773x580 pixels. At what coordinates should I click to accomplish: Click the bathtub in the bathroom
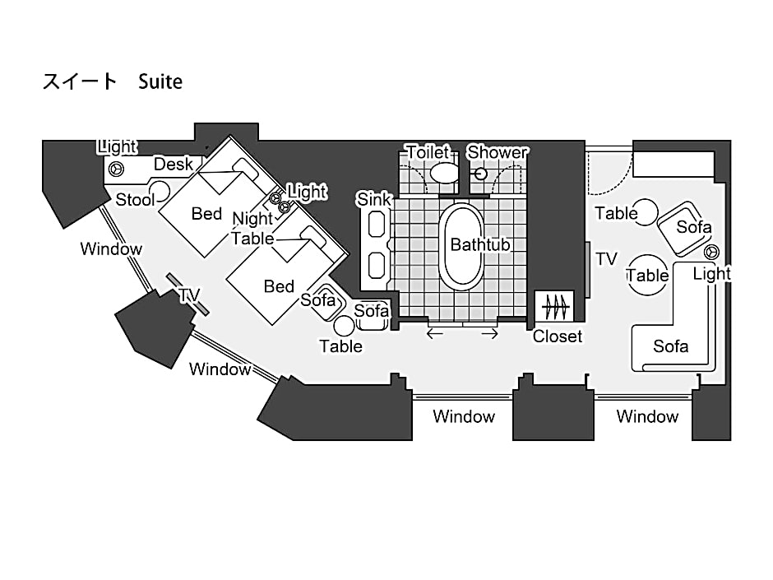[x=462, y=247]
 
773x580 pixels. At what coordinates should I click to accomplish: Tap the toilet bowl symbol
[x=444, y=174]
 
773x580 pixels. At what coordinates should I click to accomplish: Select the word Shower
[x=498, y=152]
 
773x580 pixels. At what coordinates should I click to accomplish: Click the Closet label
[x=558, y=336]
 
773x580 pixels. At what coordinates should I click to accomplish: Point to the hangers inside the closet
[x=555, y=307]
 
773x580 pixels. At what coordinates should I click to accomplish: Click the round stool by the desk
[x=160, y=192]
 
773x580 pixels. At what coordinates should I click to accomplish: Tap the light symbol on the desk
[x=116, y=169]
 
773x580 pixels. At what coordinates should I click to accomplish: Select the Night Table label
[x=253, y=229]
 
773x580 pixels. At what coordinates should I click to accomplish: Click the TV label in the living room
[x=606, y=259]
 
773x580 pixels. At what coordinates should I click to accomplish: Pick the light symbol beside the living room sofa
[x=711, y=252]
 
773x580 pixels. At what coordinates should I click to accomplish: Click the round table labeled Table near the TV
[x=647, y=275]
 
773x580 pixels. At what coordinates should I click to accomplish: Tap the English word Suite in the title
[x=160, y=81]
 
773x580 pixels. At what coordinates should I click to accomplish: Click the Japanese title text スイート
[x=80, y=81]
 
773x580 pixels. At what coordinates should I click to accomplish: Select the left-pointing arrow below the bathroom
[x=434, y=334]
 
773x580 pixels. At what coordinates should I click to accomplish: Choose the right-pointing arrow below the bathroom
[x=489, y=334]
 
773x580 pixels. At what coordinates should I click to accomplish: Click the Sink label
[x=374, y=199]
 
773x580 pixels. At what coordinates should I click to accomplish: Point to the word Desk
[x=173, y=165]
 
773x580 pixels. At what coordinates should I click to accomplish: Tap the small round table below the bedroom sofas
[x=344, y=326]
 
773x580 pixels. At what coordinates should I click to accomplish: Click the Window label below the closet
[x=464, y=417]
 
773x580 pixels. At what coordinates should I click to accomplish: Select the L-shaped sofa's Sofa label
[x=670, y=346]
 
